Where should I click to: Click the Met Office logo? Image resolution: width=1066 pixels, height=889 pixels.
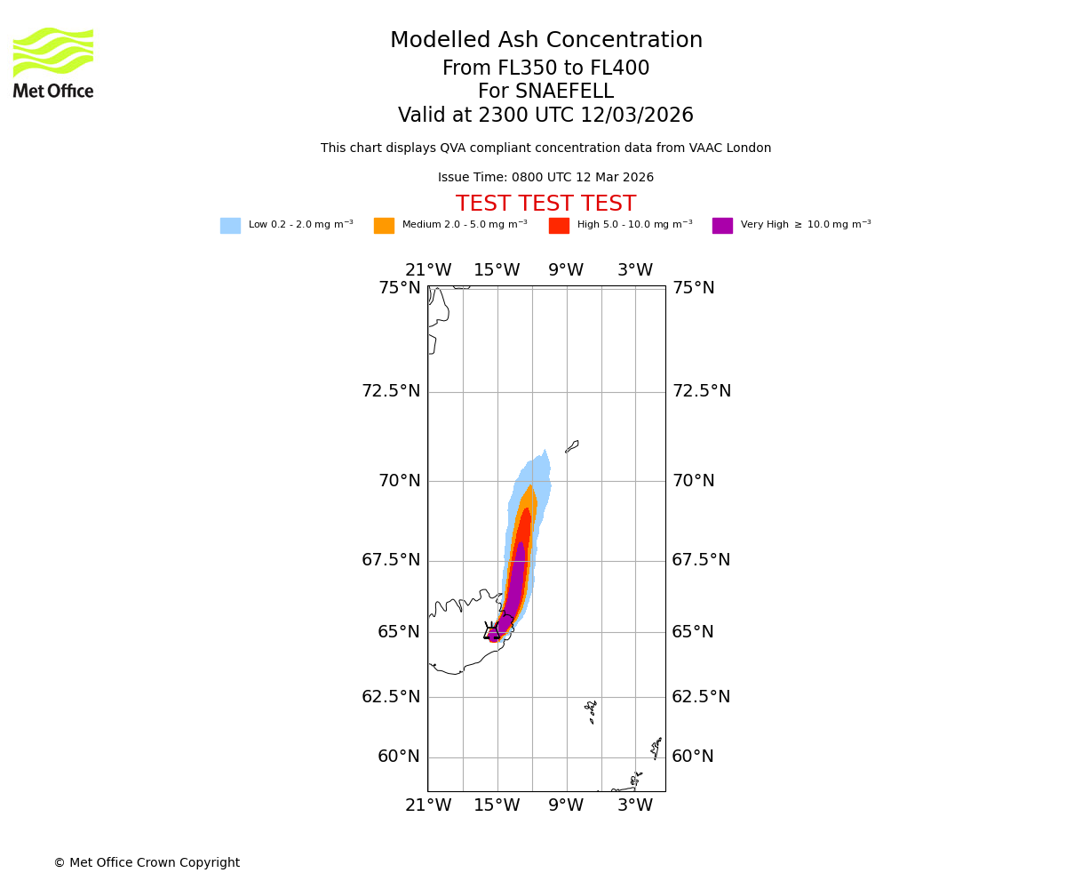[x=53, y=62]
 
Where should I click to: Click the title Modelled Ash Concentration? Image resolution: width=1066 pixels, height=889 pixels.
[x=545, y=41]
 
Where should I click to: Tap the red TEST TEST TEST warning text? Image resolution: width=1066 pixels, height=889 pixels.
[x=545, y=204]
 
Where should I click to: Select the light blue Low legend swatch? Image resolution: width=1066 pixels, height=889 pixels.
[x=230, y=226]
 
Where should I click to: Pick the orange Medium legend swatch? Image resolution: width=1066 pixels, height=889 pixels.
[x=384, y=226]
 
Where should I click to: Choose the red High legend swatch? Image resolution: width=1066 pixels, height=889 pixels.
[x=559, y=226]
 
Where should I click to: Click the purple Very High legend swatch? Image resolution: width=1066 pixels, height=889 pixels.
[x=722, y=226]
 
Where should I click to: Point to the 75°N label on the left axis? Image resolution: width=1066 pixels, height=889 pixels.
[x=399, y=288]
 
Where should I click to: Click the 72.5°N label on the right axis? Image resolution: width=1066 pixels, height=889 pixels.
[x=701, y=391]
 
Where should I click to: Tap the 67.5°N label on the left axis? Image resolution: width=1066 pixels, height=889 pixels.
[x=391, y=560]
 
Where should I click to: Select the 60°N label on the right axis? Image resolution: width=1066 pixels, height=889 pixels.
[x=693, y=757]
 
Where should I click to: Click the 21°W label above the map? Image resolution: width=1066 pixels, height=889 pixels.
[x=428, y=270]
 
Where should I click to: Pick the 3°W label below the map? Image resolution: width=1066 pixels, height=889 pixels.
[x=635, y=805]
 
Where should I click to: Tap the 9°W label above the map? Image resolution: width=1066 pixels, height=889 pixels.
[x=566, y=270]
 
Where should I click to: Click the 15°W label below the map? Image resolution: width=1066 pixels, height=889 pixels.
[x=497, y=805]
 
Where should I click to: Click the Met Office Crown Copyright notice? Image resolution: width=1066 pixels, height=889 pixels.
[x=147, y=863]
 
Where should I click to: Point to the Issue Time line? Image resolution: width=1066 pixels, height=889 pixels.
[x=545, y=178]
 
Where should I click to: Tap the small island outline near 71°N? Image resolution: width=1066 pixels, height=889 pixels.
[x=572, y=446]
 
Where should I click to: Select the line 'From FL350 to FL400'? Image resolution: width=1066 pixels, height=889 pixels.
[x=545, y=68]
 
